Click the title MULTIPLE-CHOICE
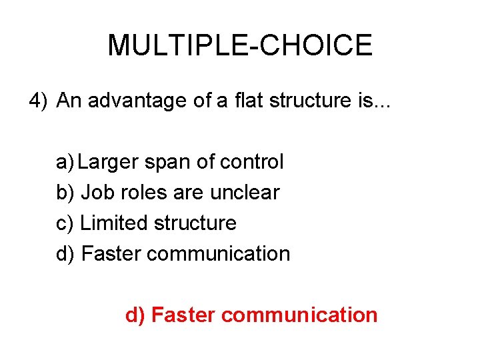coord(240,45)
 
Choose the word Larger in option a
coord(113,162)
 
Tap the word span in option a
coord(175,162)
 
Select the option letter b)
coord(65,193)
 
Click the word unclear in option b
coord(245,193)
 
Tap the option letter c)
coord(65,223)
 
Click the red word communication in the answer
coord(299,315)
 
